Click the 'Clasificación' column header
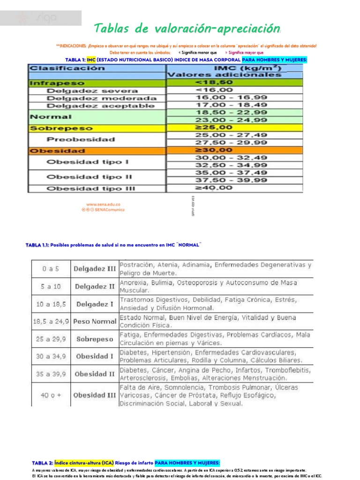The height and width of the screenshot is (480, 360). tap(67, 68)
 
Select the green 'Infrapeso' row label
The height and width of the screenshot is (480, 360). tap(57, 82)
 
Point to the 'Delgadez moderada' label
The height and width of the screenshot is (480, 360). tap(102, 98)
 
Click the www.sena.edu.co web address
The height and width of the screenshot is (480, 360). tap(103, 204)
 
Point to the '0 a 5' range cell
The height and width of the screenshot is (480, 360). tap(51, 269)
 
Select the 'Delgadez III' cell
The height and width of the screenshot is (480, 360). tap(95, 269)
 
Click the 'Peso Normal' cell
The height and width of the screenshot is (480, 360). tap(95, 322)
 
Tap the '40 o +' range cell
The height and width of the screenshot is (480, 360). tap(51, 395)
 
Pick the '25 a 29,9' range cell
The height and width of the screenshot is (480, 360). tap(51, 339)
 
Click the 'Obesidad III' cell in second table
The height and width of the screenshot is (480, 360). tap(95, 395)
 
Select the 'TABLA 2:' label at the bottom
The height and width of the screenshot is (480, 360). tap(42, 462)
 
